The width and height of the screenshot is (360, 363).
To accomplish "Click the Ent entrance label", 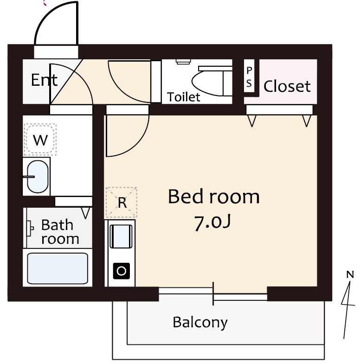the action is [44, 80].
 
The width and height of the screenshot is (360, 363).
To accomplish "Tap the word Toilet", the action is [183, 97].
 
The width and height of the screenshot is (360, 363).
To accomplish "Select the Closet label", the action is [287, 86].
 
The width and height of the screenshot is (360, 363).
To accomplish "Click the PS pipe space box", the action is [249, 76].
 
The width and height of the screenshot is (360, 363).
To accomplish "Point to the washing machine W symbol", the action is [40, 140].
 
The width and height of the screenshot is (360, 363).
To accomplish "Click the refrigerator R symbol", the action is [122, 202].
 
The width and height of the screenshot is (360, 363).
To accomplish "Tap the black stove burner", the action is [122, 271].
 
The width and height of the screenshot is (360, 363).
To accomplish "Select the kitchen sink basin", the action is [121, 236].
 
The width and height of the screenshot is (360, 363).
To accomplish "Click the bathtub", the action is [58, 268].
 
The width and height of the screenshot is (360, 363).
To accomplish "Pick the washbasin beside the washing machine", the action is [38, 177].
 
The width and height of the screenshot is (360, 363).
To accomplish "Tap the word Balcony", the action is [200, 322].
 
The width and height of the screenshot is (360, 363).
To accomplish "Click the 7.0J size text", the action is [212, 223].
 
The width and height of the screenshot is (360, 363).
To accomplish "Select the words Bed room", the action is [213, 197].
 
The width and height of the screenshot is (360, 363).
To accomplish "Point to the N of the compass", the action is [350, 274].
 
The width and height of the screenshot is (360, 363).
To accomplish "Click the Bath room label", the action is [60, 231].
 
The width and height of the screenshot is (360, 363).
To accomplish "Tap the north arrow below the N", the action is [348, 310].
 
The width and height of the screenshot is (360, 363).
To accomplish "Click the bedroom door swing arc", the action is [137, 144].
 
